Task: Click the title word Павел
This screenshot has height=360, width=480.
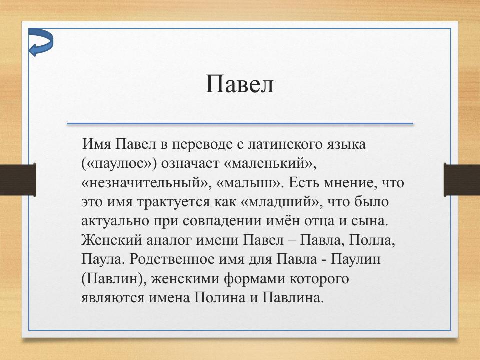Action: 239,84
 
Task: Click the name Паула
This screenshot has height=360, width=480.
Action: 99,259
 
